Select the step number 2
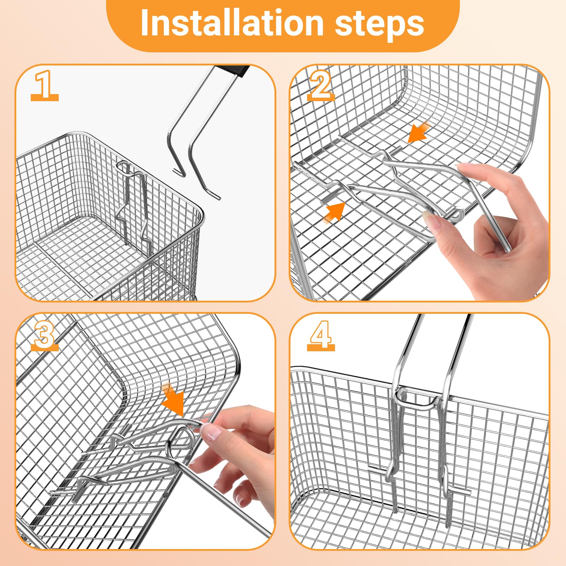coord(320,85)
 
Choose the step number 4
coord(320,334)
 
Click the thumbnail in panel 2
coord(433,222)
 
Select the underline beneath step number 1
coord(45,98)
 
